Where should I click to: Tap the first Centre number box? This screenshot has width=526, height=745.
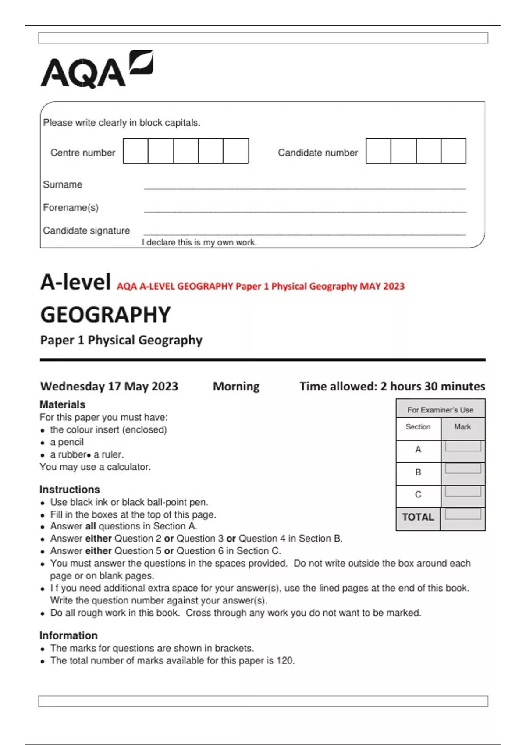coord(135,151)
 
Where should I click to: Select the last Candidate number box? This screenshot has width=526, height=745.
coord(453,151)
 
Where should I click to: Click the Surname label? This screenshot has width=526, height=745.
coord(62,184)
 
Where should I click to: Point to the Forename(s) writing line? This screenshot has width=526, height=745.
coord(305,211)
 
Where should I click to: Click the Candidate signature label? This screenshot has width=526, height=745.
coord(86,231)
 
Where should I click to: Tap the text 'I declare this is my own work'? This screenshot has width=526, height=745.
coord(199,242)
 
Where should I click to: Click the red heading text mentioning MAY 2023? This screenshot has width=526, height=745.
coord(260,286)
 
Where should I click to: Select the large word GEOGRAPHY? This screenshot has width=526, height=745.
coord(105,315)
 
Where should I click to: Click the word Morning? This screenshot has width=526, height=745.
coord(236,386)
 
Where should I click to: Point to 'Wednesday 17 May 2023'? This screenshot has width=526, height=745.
coord(109,386)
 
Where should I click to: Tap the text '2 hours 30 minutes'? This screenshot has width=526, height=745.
coord(433,386)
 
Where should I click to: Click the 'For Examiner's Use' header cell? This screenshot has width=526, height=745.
coord(440,410)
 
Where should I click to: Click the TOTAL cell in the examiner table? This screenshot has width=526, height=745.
coord(418,517)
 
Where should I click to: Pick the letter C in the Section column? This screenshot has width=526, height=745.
coord(418,494)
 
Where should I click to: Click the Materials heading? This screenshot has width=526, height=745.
coord(62,404)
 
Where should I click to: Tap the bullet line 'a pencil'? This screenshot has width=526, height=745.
coord(67,442)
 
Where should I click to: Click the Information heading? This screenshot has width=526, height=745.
coord(68,635)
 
